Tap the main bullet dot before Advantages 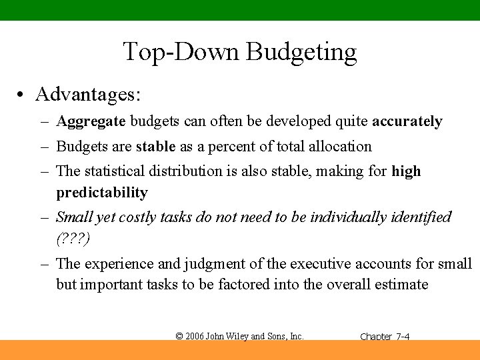[22, 95]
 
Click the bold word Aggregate [91, 122]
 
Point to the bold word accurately [407, 122]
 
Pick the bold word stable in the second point [155, 147]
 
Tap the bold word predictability [101, 193]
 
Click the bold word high [406, 171]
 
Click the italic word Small [75, 217]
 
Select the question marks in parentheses [73, 238]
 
